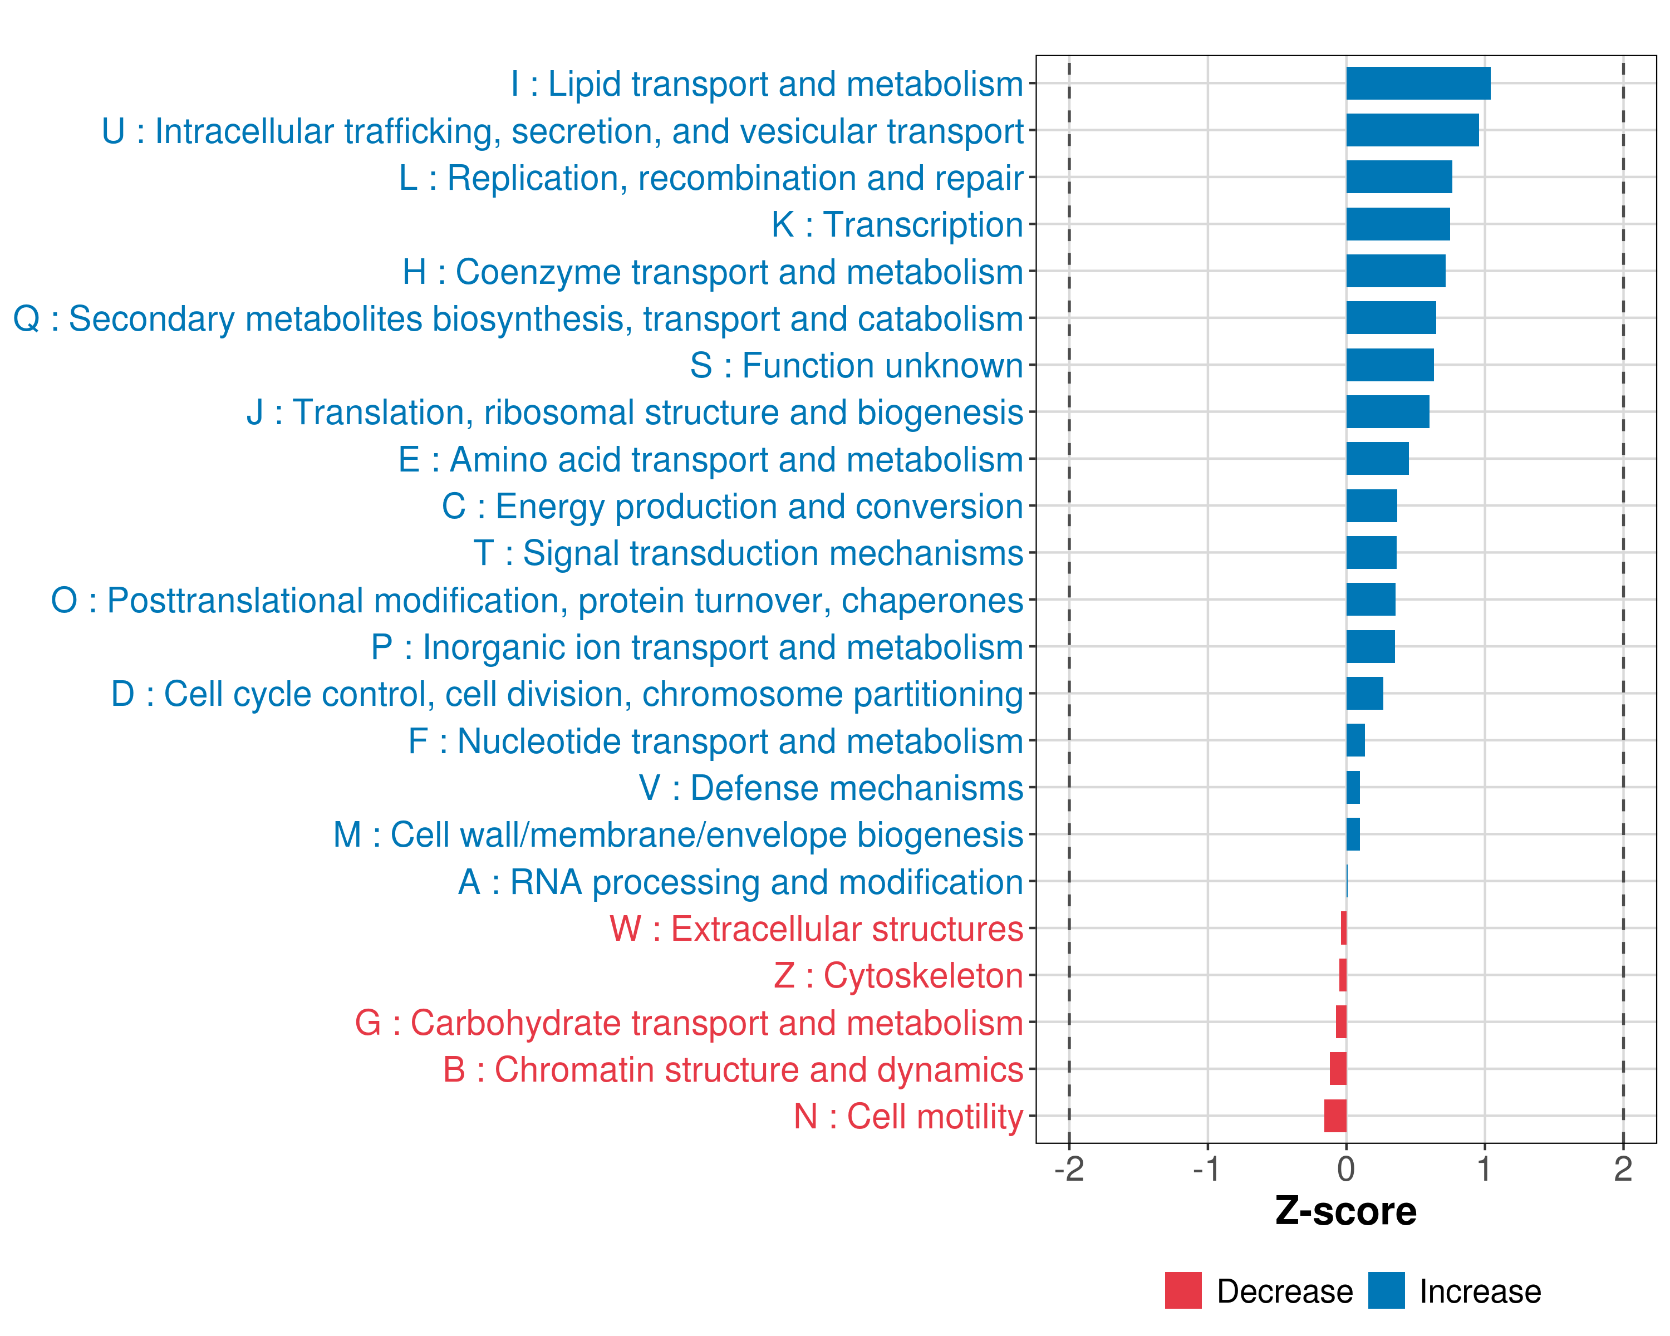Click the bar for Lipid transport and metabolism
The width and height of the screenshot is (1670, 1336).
[x=1417, y=83]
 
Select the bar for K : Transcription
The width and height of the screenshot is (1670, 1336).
[x=1397, y=224]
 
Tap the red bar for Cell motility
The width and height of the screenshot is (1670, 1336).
[x=1335, y=1116]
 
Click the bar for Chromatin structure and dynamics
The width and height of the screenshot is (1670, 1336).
[x=1338, y=1069]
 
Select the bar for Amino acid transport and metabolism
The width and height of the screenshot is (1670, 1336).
[x=1377, y=459]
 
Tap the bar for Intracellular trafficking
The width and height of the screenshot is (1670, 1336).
[x=1412, y=131]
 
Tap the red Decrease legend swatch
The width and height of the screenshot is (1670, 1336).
[x=1183, y=1291]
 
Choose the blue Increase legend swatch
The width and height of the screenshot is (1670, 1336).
[x=1386, y=1291]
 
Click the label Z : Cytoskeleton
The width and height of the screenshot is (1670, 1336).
[x=898, y=976]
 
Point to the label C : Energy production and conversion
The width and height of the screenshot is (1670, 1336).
[x=732, y=507]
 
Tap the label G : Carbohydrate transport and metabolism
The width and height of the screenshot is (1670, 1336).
[x=689, y=1023]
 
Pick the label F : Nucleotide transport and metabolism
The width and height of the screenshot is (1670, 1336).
[x=716, y=741]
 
